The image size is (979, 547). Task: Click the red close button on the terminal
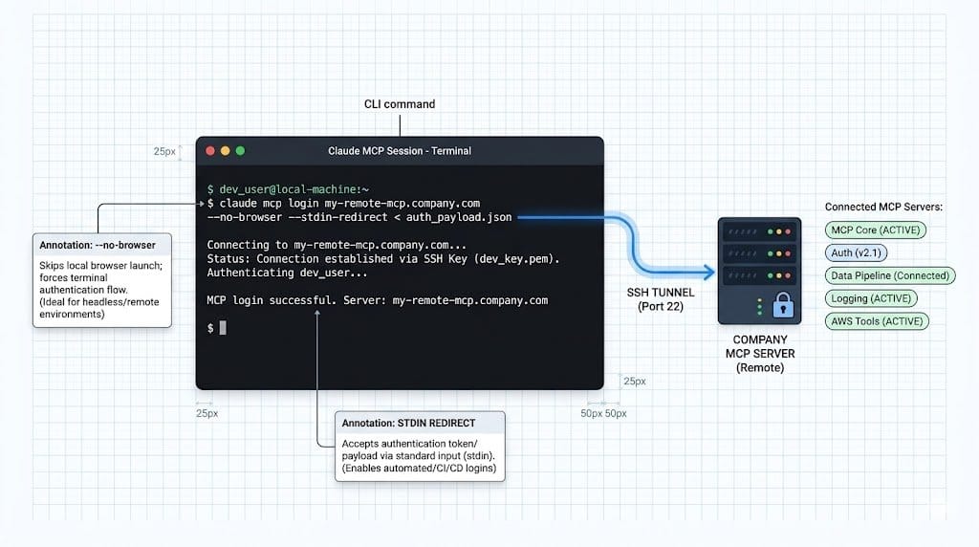point(210,150)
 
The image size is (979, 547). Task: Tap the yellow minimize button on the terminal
point(226,150)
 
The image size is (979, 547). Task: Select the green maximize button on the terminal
point(240,150)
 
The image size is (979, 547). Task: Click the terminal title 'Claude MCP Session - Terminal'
point(400,151)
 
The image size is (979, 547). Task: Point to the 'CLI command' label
point(400,104)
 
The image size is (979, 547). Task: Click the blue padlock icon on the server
point(783,305)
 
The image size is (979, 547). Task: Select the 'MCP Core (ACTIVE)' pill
point(876,230)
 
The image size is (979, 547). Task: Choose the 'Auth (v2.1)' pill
point(856,252)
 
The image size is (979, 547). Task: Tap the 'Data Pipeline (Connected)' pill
point(890,275)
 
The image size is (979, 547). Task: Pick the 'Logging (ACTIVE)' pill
point(871,298)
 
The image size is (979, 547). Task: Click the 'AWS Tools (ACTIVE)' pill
point(877,321)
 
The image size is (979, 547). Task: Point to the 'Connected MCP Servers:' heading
point(883,207)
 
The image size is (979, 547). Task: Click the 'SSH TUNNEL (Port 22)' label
point(661,299)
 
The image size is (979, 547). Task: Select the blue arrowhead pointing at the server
point(709,271)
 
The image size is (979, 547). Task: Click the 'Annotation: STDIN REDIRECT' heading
point(408,423)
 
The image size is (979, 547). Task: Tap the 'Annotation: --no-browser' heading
point(98,245)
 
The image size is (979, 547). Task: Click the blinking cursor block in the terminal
point(223,327)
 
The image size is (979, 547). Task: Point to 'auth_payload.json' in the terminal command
point(459,217)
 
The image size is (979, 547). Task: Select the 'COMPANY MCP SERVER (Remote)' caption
point(760,354)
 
